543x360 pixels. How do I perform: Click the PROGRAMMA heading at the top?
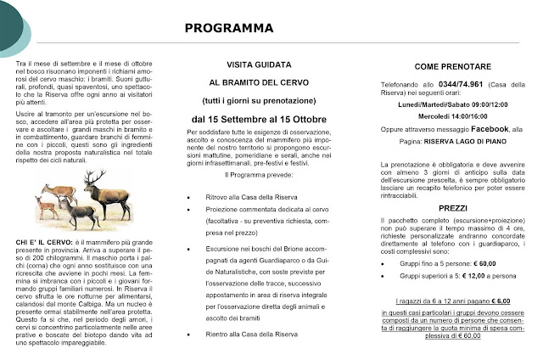pos(224,28)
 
